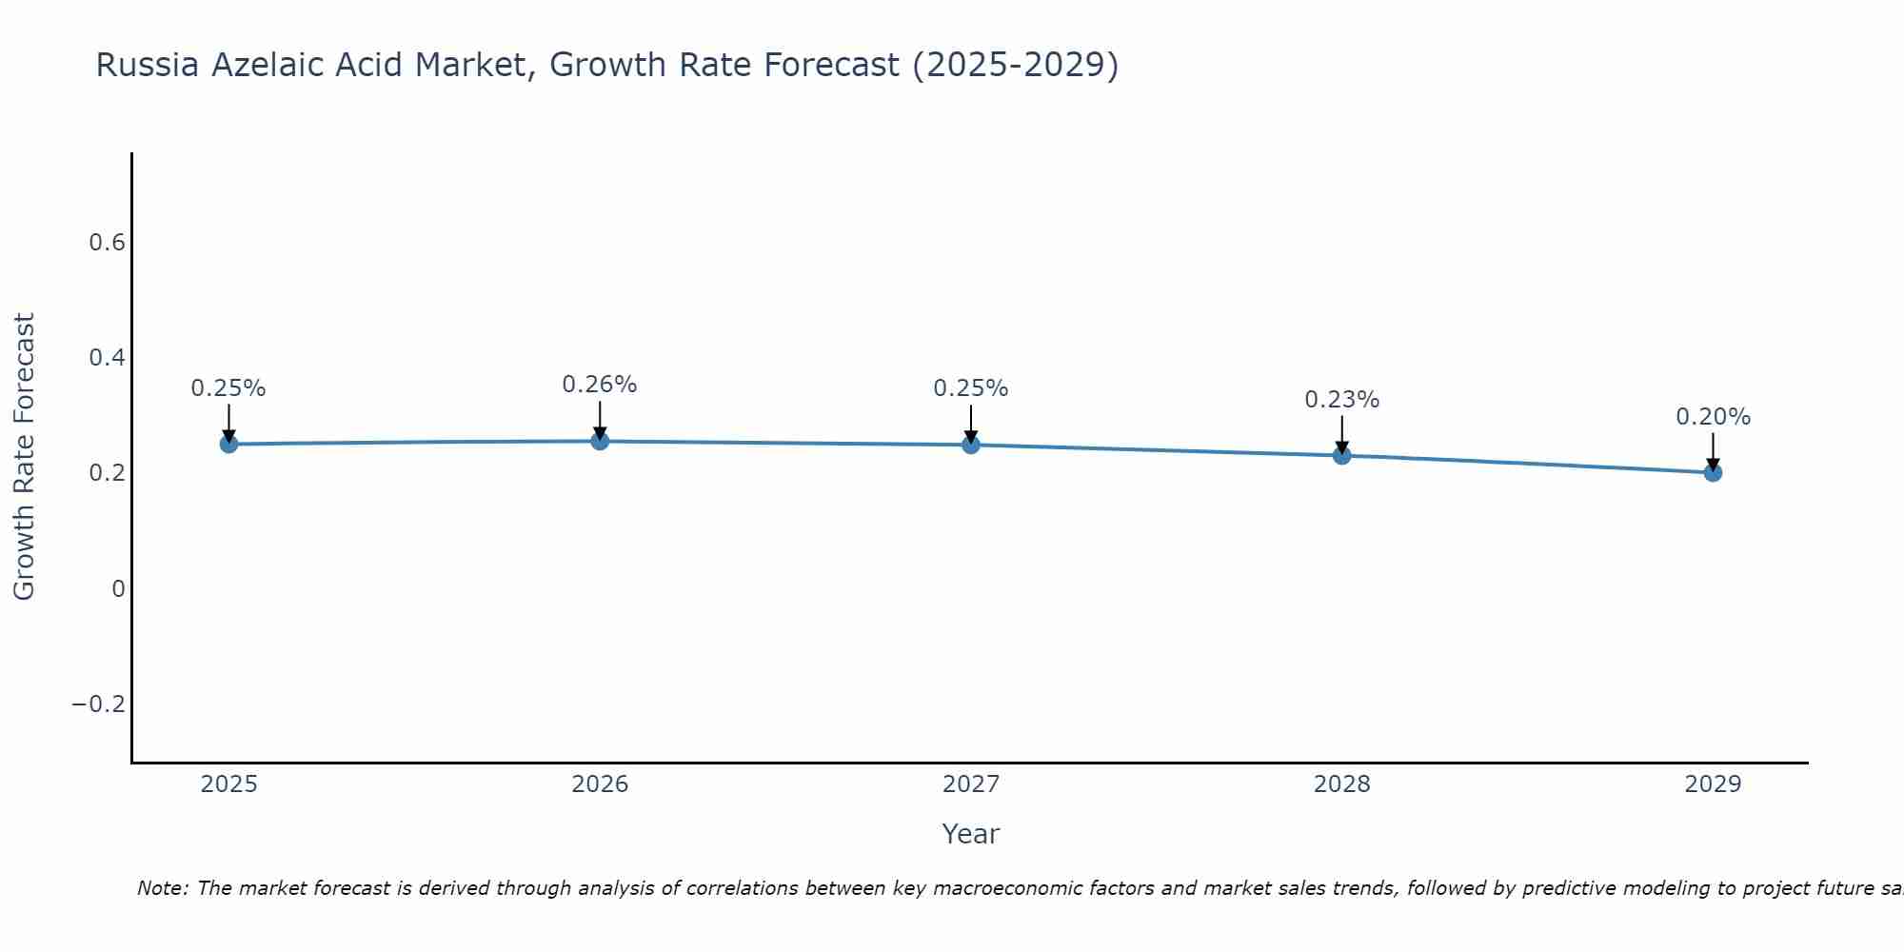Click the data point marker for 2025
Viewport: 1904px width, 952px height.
(228, 444)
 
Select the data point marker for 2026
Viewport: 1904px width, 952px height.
(600, 441)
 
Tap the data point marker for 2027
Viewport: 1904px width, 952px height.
(971, 445)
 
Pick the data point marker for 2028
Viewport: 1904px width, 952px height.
(1342, 455)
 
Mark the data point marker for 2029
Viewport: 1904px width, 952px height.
(1713, 472)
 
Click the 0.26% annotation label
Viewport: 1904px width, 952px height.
(600, 385)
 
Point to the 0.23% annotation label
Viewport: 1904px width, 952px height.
(1342, 400)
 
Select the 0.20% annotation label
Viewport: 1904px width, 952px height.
(1713, 417)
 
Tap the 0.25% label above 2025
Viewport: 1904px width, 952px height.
(228, 388)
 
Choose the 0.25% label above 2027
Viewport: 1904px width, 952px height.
(971, 388)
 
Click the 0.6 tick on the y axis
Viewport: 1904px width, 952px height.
(108, 243)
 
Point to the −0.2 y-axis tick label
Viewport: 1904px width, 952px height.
(99, 704)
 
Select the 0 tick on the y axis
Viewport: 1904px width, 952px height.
(118, 589)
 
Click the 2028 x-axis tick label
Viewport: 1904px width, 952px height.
(1342, 784)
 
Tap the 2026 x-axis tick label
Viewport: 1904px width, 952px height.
(600, 784)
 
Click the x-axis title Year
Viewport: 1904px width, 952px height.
(971, 834)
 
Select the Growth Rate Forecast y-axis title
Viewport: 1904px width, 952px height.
(25, 457)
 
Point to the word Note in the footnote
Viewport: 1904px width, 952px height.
(162, 888)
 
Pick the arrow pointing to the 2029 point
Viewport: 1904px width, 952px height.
(1713, 451)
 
